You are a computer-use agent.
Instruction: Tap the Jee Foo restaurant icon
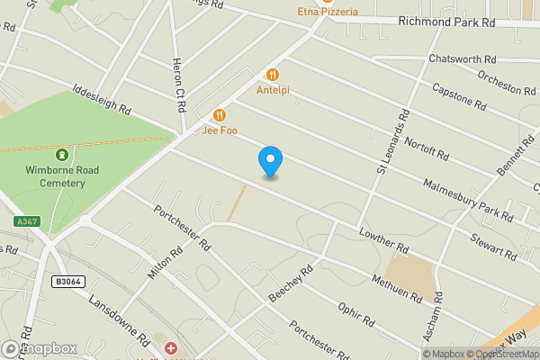coord(220,115)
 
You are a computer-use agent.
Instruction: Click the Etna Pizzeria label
coord(328,12)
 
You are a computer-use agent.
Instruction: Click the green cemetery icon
coord(60,154)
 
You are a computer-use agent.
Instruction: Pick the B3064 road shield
coord(67,282)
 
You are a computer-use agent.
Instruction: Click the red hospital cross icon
coord(171,347)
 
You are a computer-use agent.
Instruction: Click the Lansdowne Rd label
coord(118,319)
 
